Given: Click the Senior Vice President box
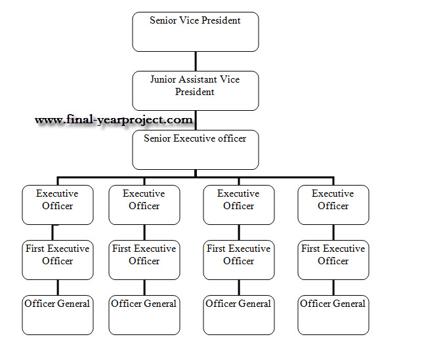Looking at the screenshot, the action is pyautogui.click(x=196, y=31).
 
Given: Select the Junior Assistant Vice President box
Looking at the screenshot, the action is pyautogui.click(x=196, y=90).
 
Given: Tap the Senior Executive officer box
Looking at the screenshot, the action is pyautogui.click(x=196, y=150).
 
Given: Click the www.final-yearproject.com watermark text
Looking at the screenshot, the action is pyautogui.click(x=114, y=120).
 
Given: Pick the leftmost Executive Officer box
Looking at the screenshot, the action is pyautogui.click(x=58, y=205).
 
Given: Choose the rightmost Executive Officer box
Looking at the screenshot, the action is pyautogui.click(x=333, y=205).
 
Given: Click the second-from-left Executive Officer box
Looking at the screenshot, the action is pyautogui.click(x=144, y=205).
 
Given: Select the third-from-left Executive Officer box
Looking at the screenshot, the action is pyautogui.click(x=239, y=205).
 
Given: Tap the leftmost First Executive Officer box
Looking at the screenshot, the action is pyautogui.click(x=58, y=260).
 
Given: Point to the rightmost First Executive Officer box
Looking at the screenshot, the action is pyautogui.click(x=333, y=260).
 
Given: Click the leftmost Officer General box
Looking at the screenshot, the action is pyautogui.click(x=58, y=315).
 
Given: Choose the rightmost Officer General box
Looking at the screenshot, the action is pyautogui.click(x=333, y=315).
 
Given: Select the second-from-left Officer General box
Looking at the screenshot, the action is pyautogui.click(x=144, y=315).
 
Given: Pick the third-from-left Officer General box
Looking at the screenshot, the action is pyautogui.click(x=239, y=315).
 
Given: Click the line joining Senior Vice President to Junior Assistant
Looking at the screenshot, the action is pyautogui.click(x=196, y=61).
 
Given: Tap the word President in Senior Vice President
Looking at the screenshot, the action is pyautogui.click(x=221, y=20).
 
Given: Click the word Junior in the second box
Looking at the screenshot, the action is pyautogui.click(x=163, y=79).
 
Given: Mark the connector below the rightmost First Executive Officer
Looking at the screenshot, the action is pyautogui.click(x=333, y=287).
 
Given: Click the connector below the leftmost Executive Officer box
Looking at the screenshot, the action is pyautogui.click(x=53, y=232).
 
